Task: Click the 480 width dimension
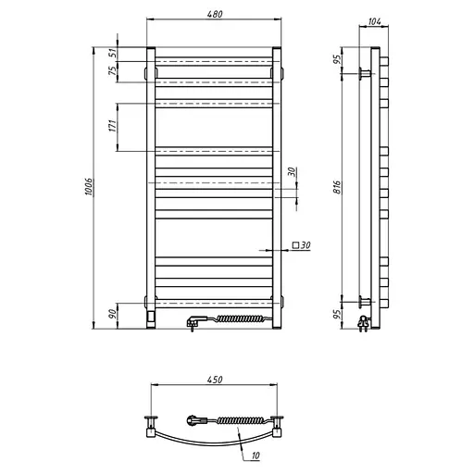tap(216, 14)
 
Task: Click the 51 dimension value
tap(113, 54)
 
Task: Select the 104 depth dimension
tap(374, 20)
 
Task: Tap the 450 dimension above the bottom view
tap(216, 380)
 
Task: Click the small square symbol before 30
tap(295, 245)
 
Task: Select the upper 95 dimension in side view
tap(339, 59)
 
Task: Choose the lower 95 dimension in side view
tap(339, 315)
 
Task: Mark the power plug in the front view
tap(193, 322)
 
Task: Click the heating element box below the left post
tap(150, 317)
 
